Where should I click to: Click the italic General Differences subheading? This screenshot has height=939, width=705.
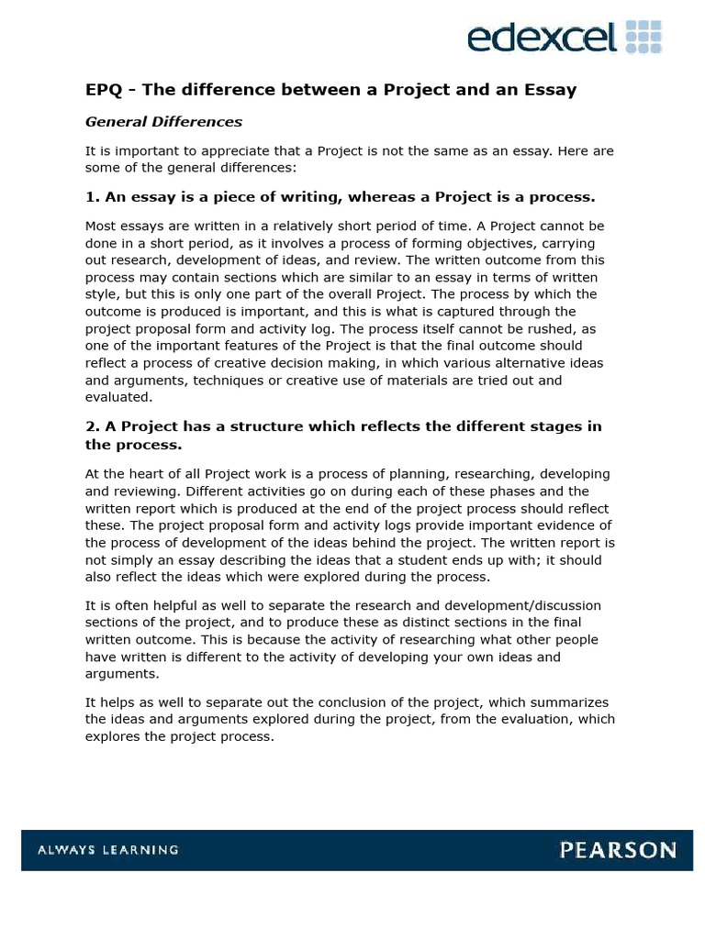pyautogui.click(x=163, y=121)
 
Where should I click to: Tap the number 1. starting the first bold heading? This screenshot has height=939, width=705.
pyautogui.click(x=92, y=197)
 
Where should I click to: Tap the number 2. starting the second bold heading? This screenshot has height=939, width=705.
pyautogui.click(x=92, y=427)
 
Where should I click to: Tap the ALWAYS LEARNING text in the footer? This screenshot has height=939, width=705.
pyautogui.click(x=107, y=850)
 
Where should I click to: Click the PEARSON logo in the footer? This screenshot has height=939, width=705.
pyautogui.click(x=618, y=850)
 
